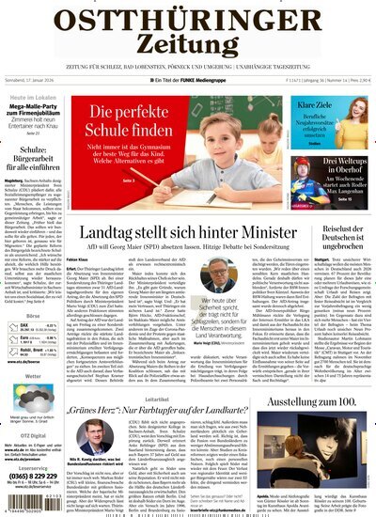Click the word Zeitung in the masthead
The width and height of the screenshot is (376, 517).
pos(188,46)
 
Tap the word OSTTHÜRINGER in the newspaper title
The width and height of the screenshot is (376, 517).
pos(188,17)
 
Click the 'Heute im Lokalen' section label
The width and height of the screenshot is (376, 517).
pos(29,99)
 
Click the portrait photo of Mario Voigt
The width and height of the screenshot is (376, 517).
pos(218,274)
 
